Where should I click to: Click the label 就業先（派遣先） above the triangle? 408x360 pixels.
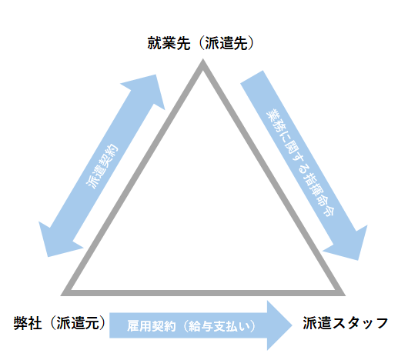[202, 42]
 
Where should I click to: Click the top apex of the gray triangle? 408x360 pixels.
[204, 68]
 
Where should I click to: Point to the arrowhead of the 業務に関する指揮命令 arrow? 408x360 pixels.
[349, 245]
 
